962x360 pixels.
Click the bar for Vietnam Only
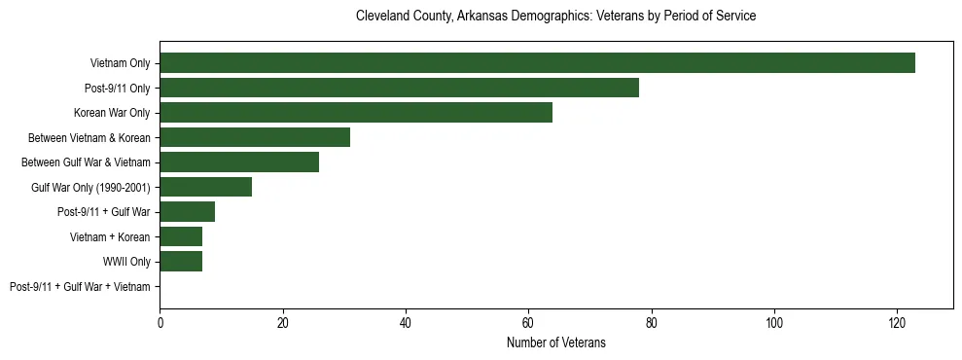[537, 63]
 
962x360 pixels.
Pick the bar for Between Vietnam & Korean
[255, 137]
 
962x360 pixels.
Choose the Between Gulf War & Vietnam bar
[239, 162]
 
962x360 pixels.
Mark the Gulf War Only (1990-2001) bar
[205, 187]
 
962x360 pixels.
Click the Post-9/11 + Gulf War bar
[187, 212]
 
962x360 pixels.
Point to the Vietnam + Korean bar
[181, 236]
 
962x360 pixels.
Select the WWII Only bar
[181, 262]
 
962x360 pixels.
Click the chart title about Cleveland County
[555, 17]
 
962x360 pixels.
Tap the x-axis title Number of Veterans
[555, 342]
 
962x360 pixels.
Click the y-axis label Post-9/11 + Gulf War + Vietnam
[80, 287]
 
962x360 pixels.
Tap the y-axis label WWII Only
[126, 262]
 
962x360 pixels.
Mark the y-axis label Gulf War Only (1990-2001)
[90, 187]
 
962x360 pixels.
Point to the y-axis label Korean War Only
[112, 113]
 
